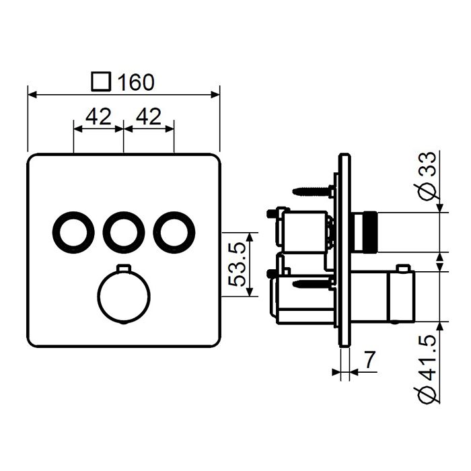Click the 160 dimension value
pos(136,81)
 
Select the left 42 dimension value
pos(98,116)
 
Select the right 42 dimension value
pos(149,116)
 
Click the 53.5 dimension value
pos(237,264)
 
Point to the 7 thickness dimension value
pos(370,360)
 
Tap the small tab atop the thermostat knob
pos(124,267)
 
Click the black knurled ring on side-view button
pos(370,233)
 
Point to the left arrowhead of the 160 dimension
pos(32,95)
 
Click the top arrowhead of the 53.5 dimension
pos(250,238)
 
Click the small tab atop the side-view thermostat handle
pos(403,268)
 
